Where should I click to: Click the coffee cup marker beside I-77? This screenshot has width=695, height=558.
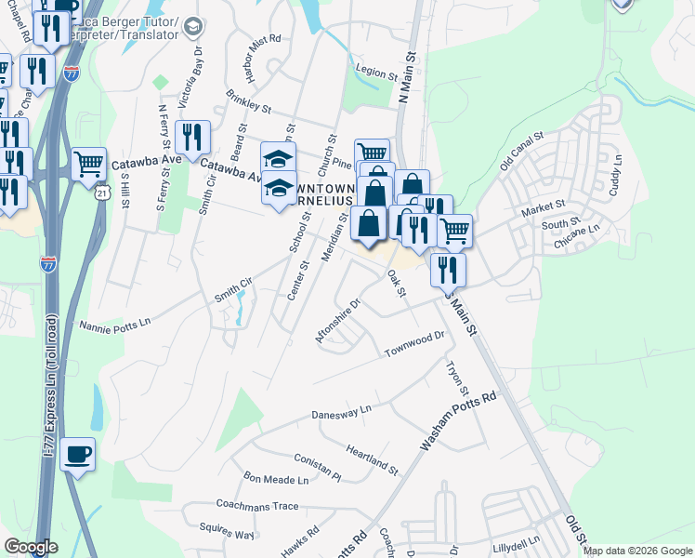tap(77, 454)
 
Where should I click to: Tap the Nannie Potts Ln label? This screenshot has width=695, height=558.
tap(115, 325)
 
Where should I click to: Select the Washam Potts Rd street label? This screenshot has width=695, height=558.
tap(459, 421)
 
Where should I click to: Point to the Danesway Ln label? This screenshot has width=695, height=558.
tap(341, 409)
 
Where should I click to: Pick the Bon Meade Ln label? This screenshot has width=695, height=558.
tap(276, 479)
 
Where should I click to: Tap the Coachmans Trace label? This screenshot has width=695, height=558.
tap(256, 506)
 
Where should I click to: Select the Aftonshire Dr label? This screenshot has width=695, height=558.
tap(336, 321)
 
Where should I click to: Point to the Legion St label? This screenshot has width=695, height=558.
tap(377, 72)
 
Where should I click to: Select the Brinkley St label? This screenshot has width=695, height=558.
tap(248, 102)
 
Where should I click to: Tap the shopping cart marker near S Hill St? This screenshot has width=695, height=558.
tap(89, 164)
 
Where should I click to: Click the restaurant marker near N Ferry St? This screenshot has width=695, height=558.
tap(192, 137)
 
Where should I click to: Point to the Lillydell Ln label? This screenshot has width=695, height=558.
tap(517, 542)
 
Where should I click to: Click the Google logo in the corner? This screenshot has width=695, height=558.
tap(31, 547)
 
